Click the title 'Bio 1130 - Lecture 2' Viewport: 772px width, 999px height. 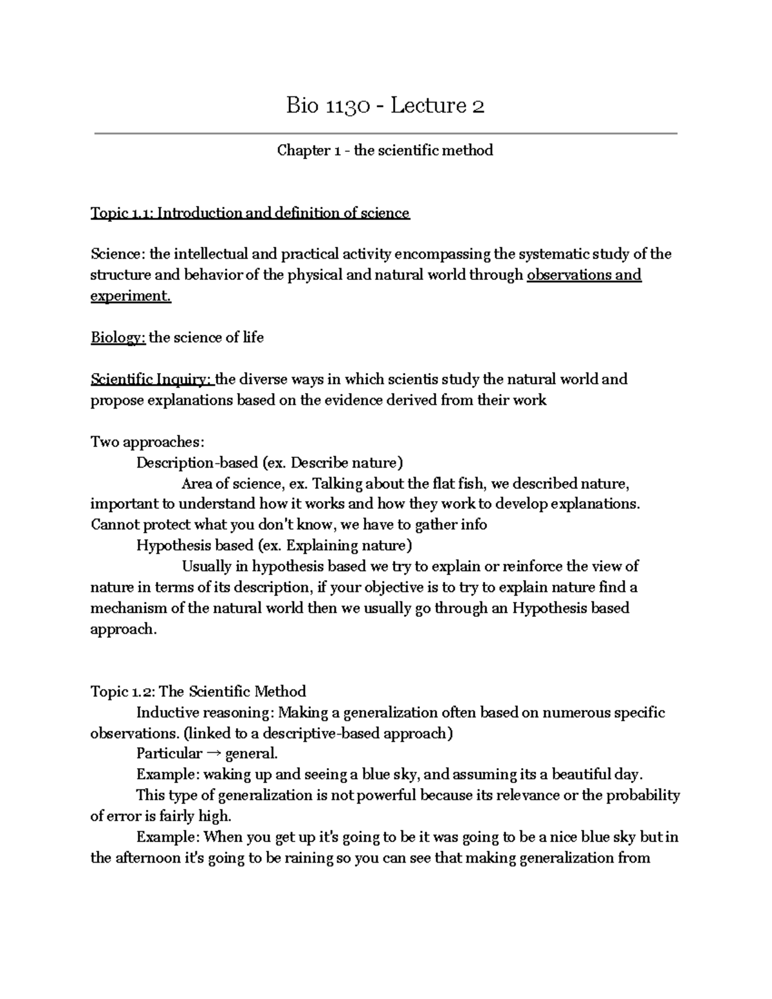pyautogui.click(x=385, y=105)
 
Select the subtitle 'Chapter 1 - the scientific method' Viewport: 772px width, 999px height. pyautogui.click(x=385, y=151)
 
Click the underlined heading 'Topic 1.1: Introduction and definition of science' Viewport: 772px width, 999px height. pyautogui.click(x=250, y=213)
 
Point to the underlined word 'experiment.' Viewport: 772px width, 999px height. pyautogui.click(x=131, y=296)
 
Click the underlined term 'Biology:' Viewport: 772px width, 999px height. pyautogui.click(x=118, y=338)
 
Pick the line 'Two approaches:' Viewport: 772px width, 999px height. pyautogui.click(x=147, y=442)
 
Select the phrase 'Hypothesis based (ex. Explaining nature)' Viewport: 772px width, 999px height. pyautogui.click(x=273, y=546)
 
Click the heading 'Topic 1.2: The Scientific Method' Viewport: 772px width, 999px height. pyautogui.click(x=198, y=692)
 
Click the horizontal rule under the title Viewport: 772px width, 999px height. pyautogui.click(x=385, y=134)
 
